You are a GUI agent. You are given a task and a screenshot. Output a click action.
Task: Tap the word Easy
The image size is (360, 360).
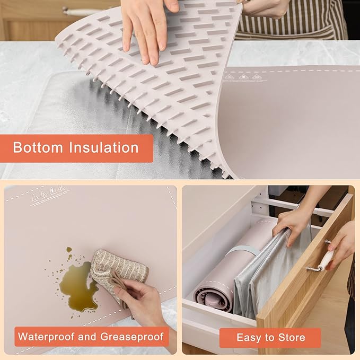coord(249,337)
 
